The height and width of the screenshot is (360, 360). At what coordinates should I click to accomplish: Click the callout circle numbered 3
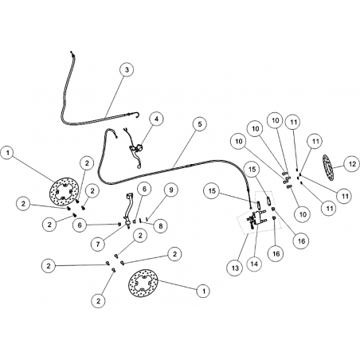pyautogui.click(x=127, y=70)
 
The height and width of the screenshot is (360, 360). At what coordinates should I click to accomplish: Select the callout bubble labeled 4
pyautogui.click(x=156, y=119)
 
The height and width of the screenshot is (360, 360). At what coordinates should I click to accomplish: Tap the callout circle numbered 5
pyautogui.click(x=199, y=124)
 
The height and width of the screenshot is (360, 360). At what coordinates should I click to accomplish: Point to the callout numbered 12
pyautogui.click(x=352, y=165)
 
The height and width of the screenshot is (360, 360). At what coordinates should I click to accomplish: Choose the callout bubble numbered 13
pyautogui.click(x=236, y=268)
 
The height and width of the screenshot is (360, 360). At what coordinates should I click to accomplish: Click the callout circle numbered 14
pyautogui.click(x=254, y=264)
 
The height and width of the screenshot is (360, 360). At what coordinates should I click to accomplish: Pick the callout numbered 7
pyautogui.click(x=98, y=244)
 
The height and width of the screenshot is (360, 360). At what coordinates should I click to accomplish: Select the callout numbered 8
pyautogui.click(x=160, y=226)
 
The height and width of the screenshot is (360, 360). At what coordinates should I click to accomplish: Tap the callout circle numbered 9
pyautogui.click(x=170, y=190)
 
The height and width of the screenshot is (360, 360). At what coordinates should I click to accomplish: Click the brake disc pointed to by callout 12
pyautogui.click(x=328, y=169)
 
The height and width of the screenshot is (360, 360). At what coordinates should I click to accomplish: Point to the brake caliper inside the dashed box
pyautogui.click(x=256, y=217)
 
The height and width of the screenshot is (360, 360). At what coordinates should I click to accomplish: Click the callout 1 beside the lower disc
pyautogui.click(x=204, y=292)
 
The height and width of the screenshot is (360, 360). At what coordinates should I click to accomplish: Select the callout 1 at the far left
pyautogui.click(x=8, y=153)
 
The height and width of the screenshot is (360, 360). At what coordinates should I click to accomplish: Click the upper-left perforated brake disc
pyautogui.click(x=65, y=190)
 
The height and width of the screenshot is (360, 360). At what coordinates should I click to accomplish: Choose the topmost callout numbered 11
pyautogui.click(x=293, y=123)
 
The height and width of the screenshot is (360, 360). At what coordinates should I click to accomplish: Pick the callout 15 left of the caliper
pyautogui.click(x=212, y=191)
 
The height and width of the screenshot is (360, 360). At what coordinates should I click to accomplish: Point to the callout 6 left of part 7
pyautogui.click(x=80, y=225)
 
